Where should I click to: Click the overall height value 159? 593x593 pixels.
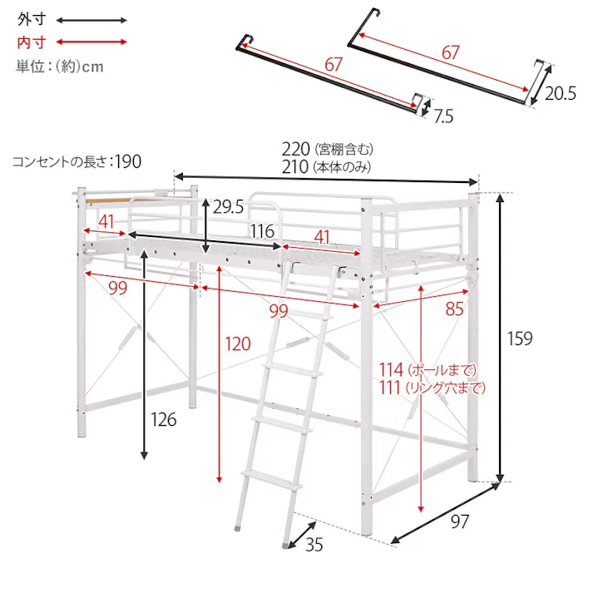pos(520,339)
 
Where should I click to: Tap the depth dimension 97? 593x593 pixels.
pos(460,521)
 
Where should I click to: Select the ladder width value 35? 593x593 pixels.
pos(314,545)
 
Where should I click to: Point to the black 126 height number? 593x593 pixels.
pos(163,419)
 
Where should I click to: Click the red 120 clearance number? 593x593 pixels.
pos(238,343)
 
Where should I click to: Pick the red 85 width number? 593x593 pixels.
pos(454,309)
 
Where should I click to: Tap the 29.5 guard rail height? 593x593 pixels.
pos(228,206)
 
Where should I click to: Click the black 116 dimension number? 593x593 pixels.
pos(262,231)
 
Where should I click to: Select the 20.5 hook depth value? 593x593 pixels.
pos(560,93)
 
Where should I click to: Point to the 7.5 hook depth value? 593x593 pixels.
pos(443,116)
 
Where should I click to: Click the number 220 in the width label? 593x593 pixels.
pos(296,149)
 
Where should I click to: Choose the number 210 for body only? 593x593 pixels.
pos(295,167)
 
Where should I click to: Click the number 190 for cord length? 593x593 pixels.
pos(128,161)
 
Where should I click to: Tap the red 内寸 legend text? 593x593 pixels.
pos(32,42)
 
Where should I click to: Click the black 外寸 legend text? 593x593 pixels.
pos(32,19)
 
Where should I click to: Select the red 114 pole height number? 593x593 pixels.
pos(392,369)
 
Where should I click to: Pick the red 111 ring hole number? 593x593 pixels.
pos(390,388)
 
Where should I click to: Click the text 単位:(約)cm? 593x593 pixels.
pos(60,67)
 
